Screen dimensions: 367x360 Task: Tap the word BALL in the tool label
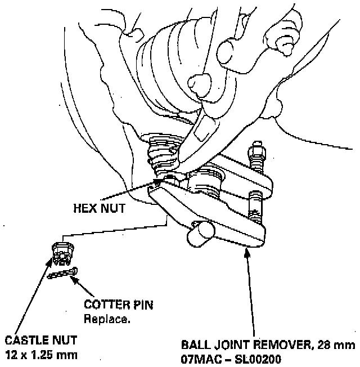pyautogui.click(x=195, y=344)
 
